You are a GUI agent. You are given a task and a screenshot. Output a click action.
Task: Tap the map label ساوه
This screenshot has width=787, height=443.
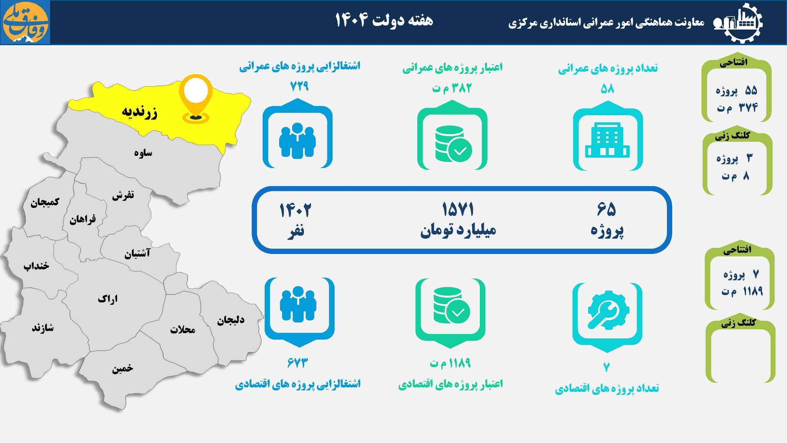coord(143,153)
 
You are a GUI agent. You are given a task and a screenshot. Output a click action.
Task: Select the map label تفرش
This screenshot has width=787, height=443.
coord(123,195)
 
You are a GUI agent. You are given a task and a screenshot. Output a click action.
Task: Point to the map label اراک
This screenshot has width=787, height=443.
coord(108,299)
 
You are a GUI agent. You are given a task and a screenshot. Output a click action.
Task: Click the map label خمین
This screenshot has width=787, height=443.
coord(122,368)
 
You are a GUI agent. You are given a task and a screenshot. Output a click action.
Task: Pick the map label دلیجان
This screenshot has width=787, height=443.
coord(231,320)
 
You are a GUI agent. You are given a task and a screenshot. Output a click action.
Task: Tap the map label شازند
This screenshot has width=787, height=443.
coord(43,328)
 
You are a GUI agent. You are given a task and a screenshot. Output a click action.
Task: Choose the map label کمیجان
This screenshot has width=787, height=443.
coord(45,202)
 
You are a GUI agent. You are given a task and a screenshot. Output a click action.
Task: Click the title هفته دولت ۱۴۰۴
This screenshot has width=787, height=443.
coord(384,20)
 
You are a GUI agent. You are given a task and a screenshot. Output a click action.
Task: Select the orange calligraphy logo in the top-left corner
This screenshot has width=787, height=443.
coord(25,22)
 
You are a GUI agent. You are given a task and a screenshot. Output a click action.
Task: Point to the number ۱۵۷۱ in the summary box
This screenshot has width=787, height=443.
coord(458,210)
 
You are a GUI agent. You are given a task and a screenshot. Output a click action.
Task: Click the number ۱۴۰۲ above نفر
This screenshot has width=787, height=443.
coord(295,210)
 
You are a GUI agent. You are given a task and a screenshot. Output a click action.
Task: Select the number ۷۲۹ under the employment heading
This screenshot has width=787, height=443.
coord(299,86)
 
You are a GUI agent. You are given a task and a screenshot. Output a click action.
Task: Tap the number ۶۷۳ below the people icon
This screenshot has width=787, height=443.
coord(298,363)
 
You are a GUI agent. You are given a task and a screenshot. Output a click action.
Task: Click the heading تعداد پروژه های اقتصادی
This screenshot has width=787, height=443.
coord(607,388)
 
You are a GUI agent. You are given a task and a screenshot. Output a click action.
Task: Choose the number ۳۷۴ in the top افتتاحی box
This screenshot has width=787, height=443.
coord(748,107)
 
